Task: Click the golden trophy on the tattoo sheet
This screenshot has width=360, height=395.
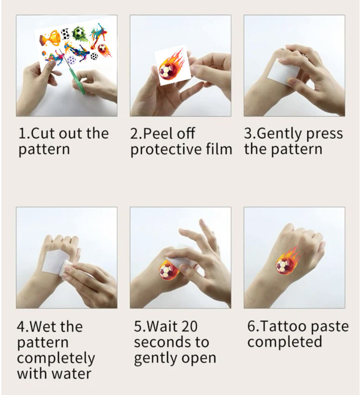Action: point(51,38)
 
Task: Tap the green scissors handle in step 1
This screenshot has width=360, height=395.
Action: point(79,82)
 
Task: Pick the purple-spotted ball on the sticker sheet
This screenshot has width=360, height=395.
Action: point(71,60)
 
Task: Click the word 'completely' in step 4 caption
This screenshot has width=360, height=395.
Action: point(56,358)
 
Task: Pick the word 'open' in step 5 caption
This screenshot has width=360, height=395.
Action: point(198,358)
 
